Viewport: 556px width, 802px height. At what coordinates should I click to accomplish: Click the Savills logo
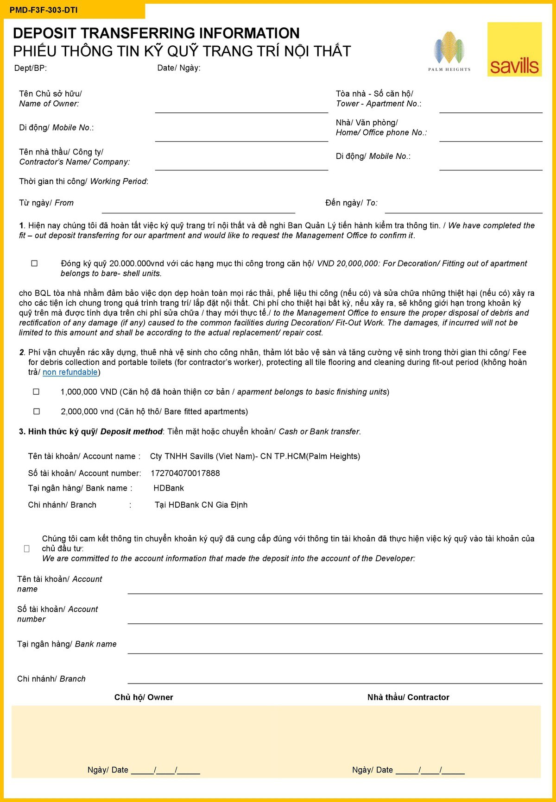pos(514,50)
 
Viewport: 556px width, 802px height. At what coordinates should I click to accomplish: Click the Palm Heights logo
pos(449,51)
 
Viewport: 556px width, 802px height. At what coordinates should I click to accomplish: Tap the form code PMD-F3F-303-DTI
pos(44,10)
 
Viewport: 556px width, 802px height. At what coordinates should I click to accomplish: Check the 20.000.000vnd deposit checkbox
pos(34,263)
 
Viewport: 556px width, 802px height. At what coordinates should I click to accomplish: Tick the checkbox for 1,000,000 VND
pos(36,392)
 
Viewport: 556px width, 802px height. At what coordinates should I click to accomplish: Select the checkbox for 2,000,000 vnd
pos(36,411)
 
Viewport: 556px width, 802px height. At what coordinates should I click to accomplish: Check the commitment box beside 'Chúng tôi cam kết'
pos(27,548)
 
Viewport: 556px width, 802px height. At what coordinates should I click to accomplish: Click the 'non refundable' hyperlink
pos(70,372)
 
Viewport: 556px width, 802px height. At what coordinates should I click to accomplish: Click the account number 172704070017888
pos(185,473)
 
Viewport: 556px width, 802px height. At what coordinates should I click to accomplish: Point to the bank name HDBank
pos(169,488)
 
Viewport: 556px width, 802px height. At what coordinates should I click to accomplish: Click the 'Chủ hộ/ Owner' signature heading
pos(144,697)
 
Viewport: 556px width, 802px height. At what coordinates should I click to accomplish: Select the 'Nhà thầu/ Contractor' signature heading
pos(408,697)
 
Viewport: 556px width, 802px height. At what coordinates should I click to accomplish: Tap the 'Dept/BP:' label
pos(31,68)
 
